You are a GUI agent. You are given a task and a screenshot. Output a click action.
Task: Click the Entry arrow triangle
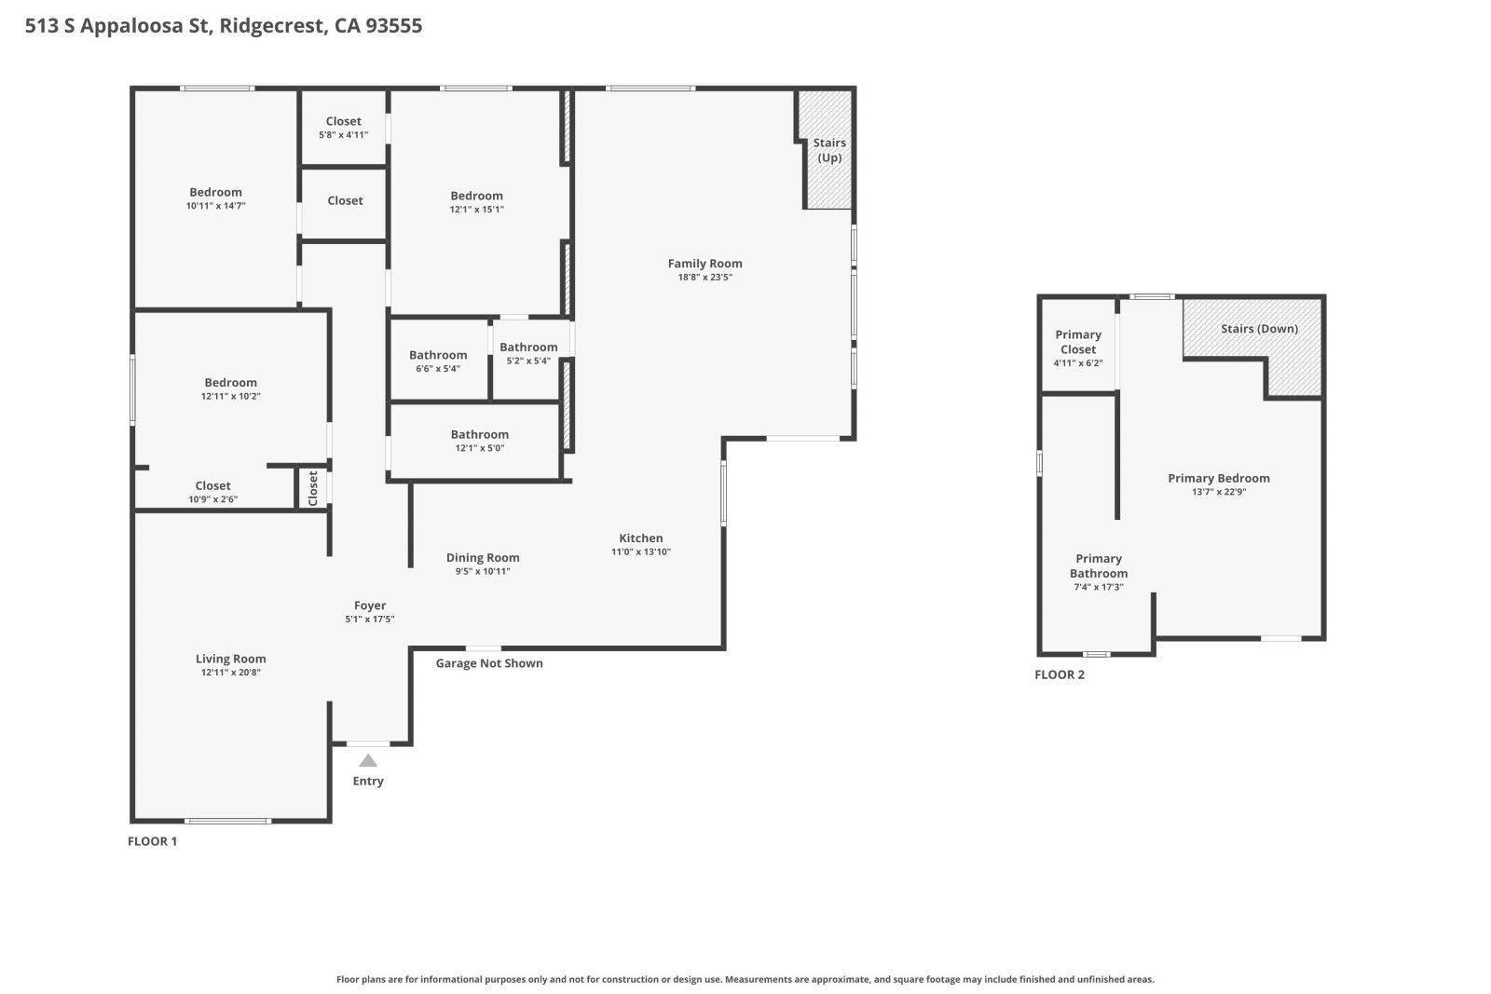click(368, 760)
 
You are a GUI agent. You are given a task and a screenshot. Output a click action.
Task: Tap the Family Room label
click(704, 264)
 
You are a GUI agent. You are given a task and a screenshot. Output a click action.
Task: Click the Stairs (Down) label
click(1259, 329)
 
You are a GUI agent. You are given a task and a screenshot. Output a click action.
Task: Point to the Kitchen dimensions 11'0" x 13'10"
click(641, 551)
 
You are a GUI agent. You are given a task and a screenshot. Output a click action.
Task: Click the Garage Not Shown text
click(489, 663)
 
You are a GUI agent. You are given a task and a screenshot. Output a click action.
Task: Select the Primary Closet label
click(1078, 342)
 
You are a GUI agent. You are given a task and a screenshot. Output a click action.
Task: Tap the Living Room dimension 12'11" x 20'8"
click(230, 672)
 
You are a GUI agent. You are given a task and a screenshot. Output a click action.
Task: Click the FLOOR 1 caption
click(152, 841)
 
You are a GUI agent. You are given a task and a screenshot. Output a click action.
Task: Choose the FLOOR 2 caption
click(1060, 674)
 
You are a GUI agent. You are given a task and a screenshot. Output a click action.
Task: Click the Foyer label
click(370, 606)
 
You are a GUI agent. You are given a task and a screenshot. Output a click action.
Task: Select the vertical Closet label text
click(313, 488)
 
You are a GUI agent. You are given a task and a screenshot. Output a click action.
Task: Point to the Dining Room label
click(483, 558)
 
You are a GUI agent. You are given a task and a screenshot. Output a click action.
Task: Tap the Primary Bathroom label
click(1099, 565)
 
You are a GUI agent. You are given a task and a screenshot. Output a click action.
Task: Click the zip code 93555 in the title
click(394, 25)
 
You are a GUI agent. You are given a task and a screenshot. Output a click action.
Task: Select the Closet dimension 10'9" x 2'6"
click(212, 499)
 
